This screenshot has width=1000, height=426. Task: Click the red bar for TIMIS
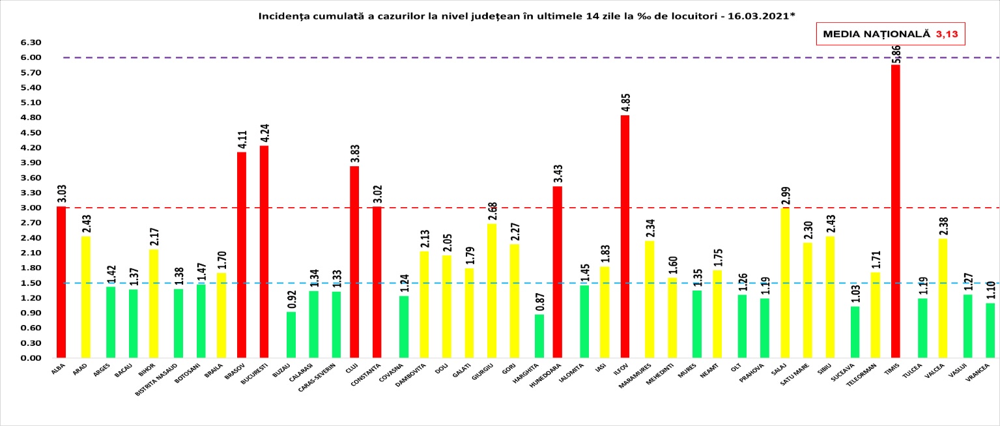click(895, 211)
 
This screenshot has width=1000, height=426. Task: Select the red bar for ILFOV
click(625, 236)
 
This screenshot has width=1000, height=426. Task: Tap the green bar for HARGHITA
click(539, 336)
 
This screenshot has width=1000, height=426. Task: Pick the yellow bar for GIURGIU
click(492, 291)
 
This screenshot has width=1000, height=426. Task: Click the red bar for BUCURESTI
click(264, 251)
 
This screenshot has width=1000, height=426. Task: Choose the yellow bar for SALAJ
click(785, 283)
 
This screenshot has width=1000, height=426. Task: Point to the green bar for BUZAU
click(291, 335)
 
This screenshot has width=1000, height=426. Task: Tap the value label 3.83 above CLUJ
click(354, 152)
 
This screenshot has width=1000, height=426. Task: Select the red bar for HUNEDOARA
click(557, 272)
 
